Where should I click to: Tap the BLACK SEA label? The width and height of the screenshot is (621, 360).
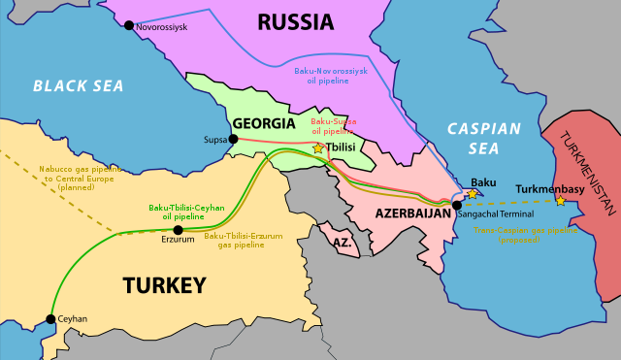[79, 86]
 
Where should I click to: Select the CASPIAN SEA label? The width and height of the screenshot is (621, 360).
[485, 138]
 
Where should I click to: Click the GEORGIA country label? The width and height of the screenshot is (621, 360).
[263, 124]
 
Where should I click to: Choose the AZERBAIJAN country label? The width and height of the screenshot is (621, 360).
[408, 212]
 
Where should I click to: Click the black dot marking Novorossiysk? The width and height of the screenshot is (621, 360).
[130, 24]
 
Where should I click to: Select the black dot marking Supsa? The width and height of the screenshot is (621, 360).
[233, 140]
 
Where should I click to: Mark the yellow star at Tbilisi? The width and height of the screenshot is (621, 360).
[318, 148]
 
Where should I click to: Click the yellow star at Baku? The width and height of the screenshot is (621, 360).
[473, 194]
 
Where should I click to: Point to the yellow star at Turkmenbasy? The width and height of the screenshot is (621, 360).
[561, 201]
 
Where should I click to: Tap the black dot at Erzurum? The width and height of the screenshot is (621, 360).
[177, 230]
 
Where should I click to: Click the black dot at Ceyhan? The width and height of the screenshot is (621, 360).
[50, 318]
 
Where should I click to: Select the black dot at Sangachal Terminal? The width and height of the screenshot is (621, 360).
[457, 206]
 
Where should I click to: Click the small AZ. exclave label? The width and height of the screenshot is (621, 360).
[341, 240]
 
